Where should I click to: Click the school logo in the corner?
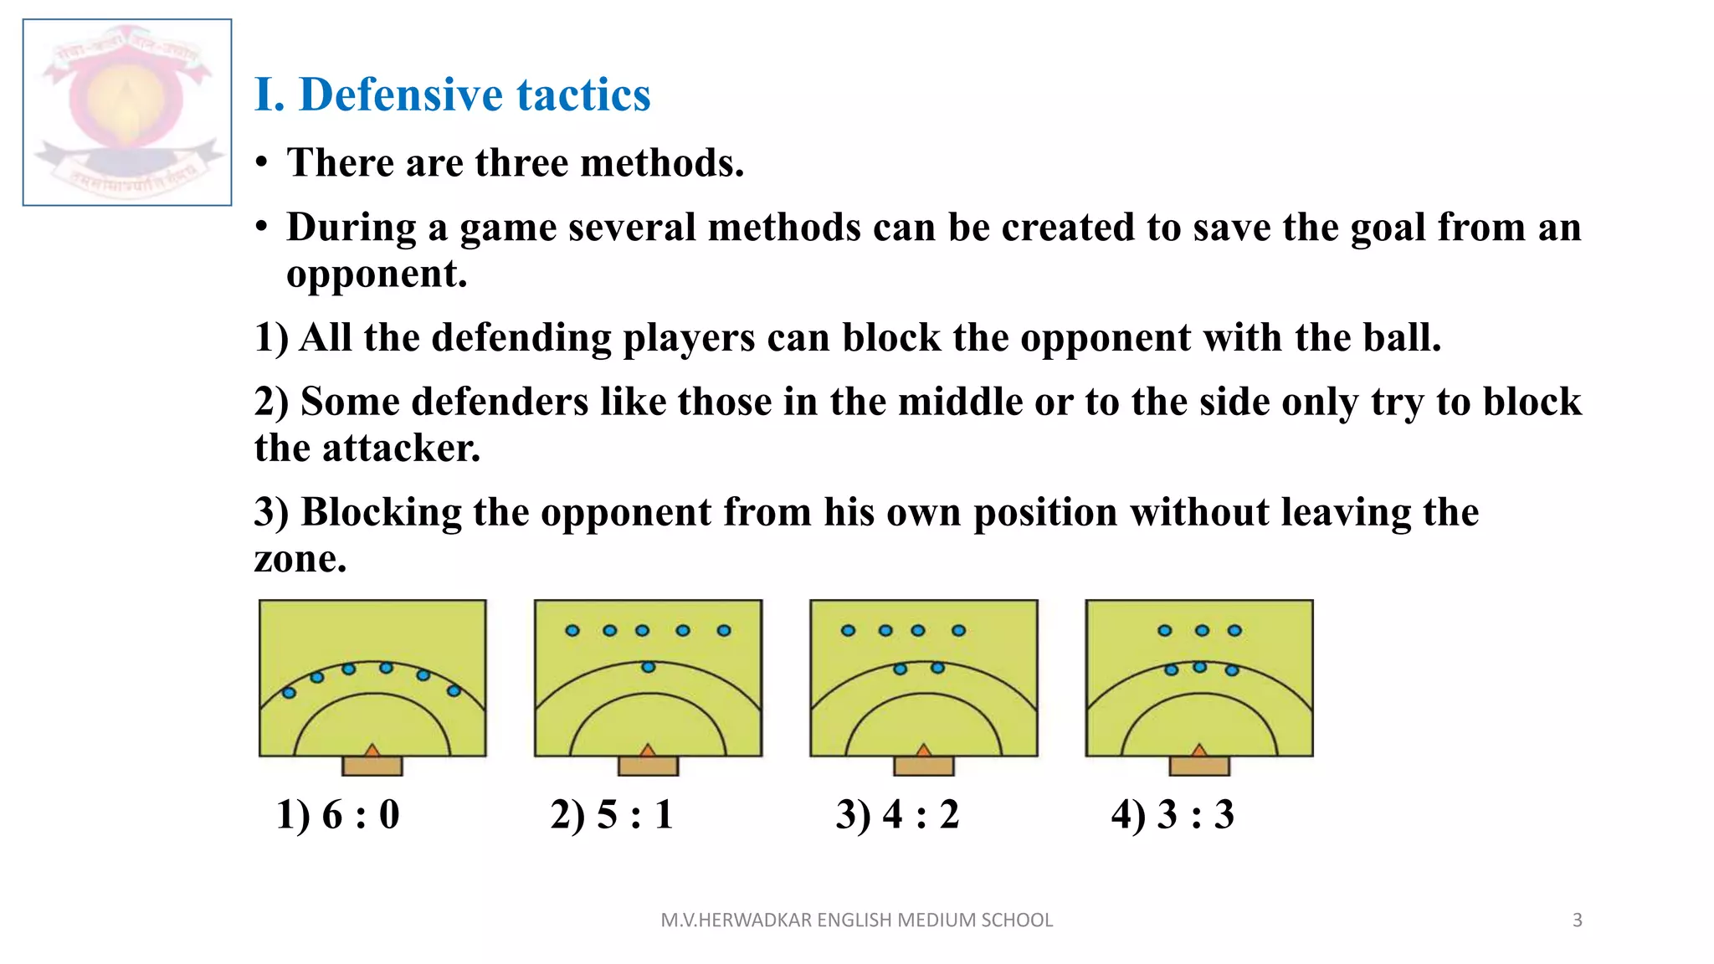point(127,112)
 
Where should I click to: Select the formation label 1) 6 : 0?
point(338,814)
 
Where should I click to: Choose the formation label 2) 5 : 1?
point(612,814)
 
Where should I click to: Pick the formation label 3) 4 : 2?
point(897,814)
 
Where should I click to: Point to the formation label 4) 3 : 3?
point(1173,814)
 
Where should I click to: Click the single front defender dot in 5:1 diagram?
point(648,667)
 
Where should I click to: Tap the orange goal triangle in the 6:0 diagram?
point(372,750)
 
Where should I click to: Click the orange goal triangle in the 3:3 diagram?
point(1199,750)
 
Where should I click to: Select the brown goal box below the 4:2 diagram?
point(923,766)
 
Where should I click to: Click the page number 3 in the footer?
point(1578,920)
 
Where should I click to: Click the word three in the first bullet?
point(521,162)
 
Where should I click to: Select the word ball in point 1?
point(1401,337)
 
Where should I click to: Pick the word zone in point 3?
point(299,559)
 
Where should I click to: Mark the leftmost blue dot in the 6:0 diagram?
point(289,693)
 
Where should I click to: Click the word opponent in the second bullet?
point(376,274)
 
